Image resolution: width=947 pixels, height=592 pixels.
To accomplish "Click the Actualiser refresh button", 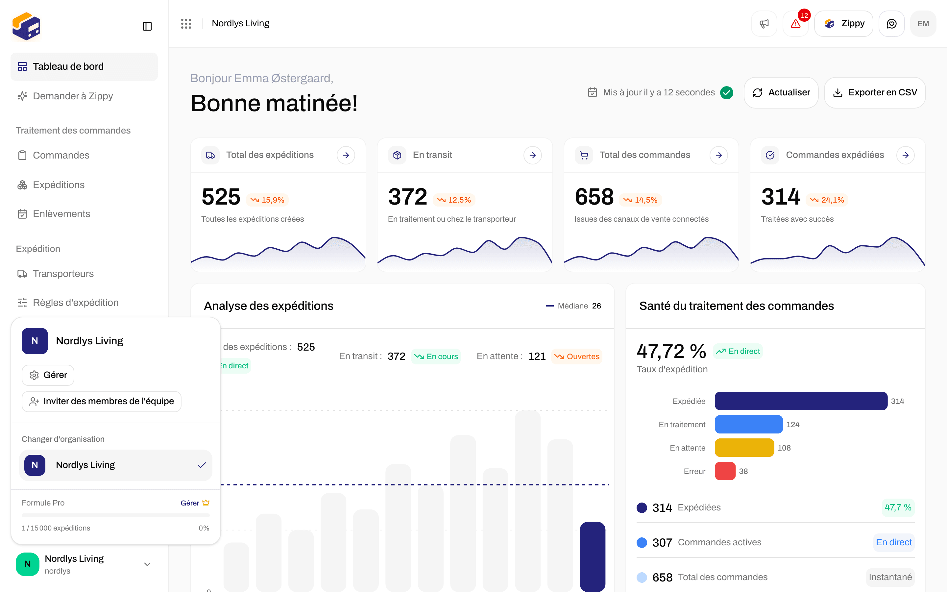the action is [781, 92].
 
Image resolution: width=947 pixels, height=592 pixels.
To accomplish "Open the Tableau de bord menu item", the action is [84, 66].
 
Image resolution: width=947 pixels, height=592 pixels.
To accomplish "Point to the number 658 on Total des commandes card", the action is [594, 197].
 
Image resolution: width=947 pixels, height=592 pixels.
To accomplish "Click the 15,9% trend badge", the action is [268, 200].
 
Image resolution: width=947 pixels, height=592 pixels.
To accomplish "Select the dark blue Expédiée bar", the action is [801, 401].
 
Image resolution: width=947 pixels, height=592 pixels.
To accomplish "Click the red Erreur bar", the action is [725, 471].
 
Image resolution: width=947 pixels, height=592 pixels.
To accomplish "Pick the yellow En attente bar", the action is [744, 448].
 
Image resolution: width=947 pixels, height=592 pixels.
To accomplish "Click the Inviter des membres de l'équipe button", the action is [102, 401].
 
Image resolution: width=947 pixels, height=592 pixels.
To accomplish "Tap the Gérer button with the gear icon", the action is [48, 375].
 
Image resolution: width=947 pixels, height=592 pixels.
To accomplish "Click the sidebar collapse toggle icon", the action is [147, 26].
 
